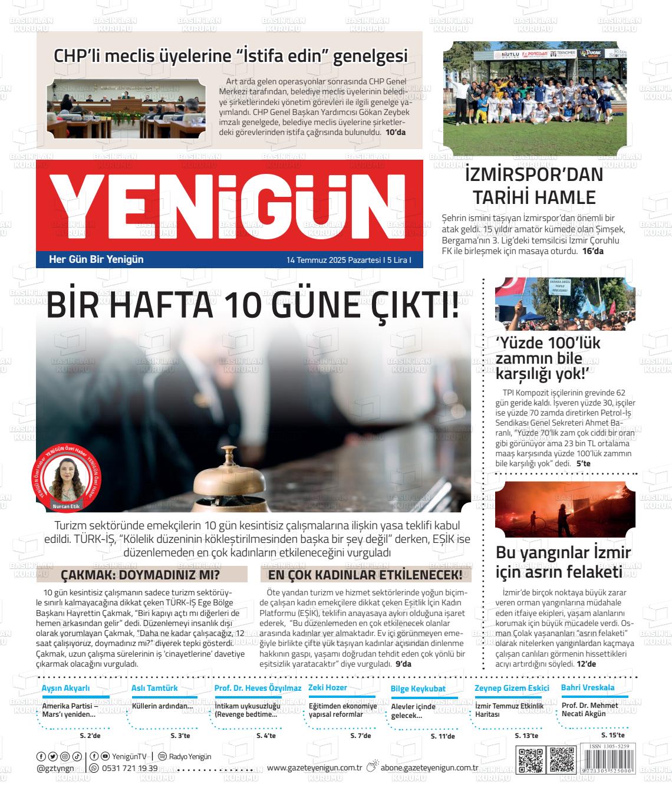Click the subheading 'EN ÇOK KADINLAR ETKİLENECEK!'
[x=365, y=575]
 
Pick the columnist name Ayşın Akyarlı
[x=66, y=688]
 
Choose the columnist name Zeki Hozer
[x=327, y=688]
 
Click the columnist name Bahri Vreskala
[x=588, y=687]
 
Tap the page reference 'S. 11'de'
[x=443, y=736]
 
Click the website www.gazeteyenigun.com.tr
[x=314, y=767]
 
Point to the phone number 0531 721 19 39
[x=130, y=768]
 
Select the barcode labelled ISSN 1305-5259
[x=608, y=760]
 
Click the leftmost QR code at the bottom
[x=529, y=760]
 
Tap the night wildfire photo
[x=565, y=510]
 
